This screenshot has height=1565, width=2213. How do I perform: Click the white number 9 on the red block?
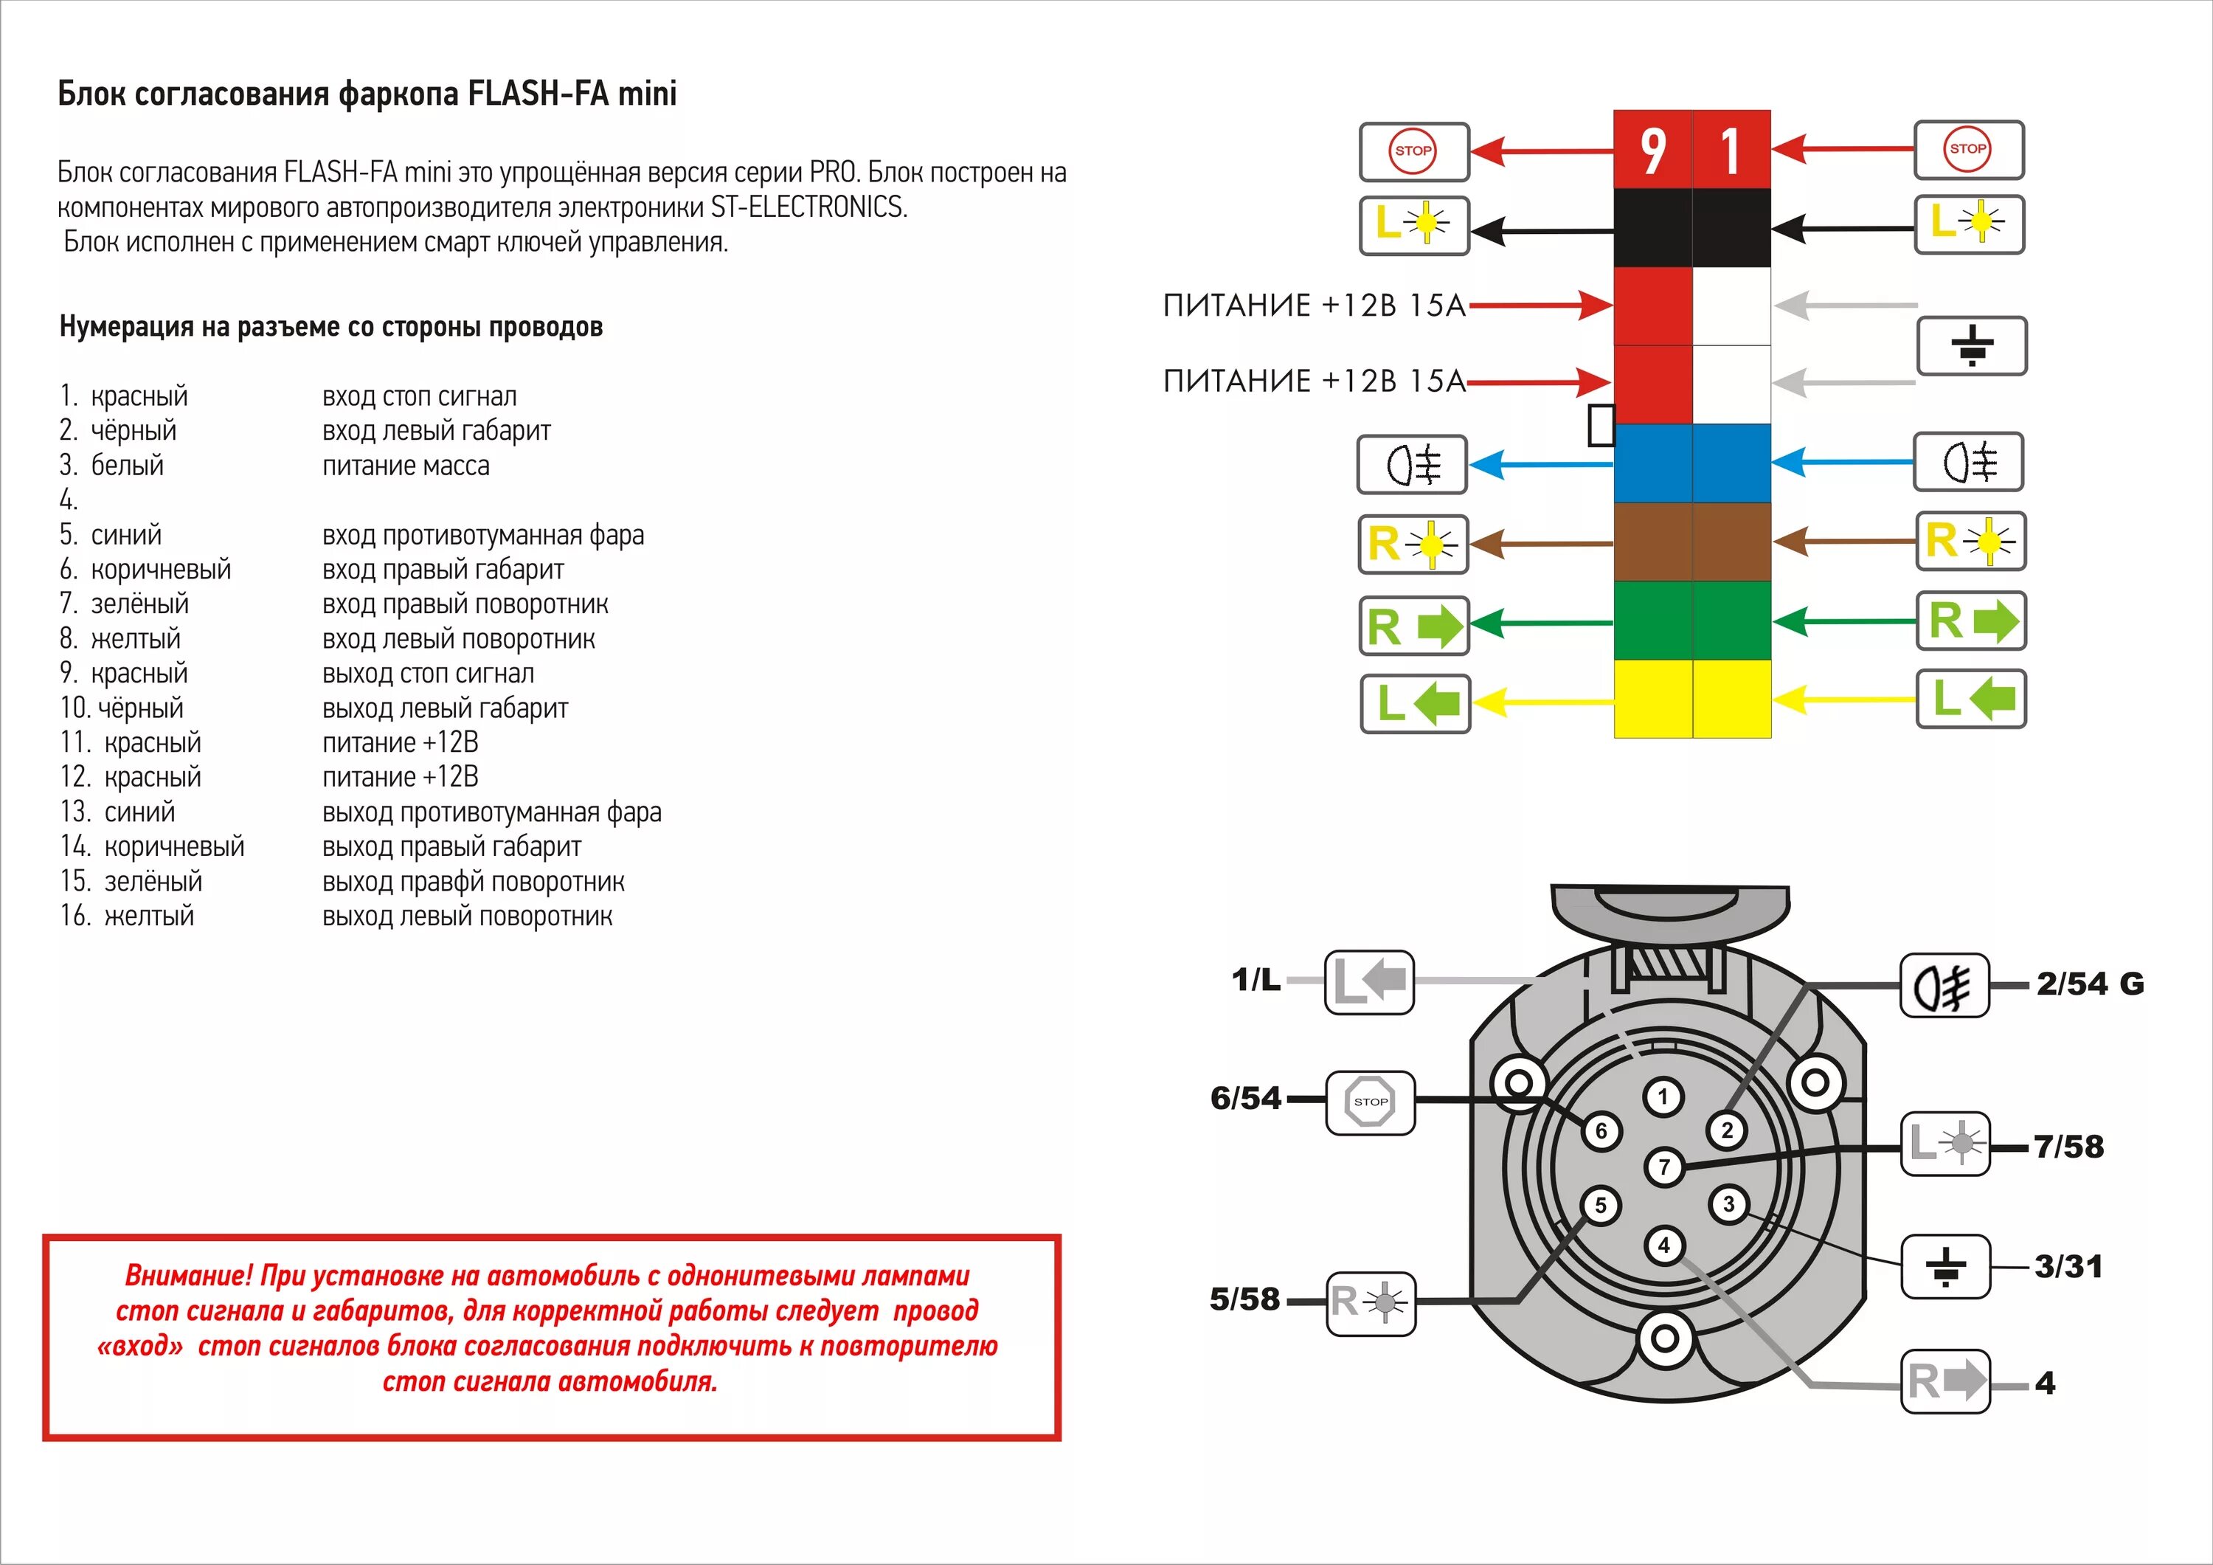tap(1653, 151)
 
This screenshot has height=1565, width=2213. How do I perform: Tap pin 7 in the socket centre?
tap(1663, 1167)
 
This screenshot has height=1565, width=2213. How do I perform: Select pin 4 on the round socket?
tap(1663, 1245)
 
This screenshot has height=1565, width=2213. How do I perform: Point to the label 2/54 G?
tap(2090, 984)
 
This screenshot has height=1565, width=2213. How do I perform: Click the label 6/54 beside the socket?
tap(1245, 1098)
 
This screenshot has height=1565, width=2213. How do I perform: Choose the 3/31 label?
tap(2068, 1266)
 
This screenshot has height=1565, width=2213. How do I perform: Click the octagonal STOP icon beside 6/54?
tap(1371, 1101)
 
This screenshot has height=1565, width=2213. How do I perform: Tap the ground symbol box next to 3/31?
tap(1945, 1266)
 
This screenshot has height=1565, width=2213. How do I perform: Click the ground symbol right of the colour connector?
tap(1972, 346)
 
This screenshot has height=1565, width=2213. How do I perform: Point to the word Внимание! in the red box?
tap(188, 1276)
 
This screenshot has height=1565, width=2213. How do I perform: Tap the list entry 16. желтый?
tap(127, 916)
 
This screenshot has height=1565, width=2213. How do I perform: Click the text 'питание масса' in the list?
tap(406, 466)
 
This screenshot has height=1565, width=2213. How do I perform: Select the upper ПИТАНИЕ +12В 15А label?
tap(1314, 305)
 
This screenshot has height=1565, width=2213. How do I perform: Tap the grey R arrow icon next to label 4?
tap(1945, 1382)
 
